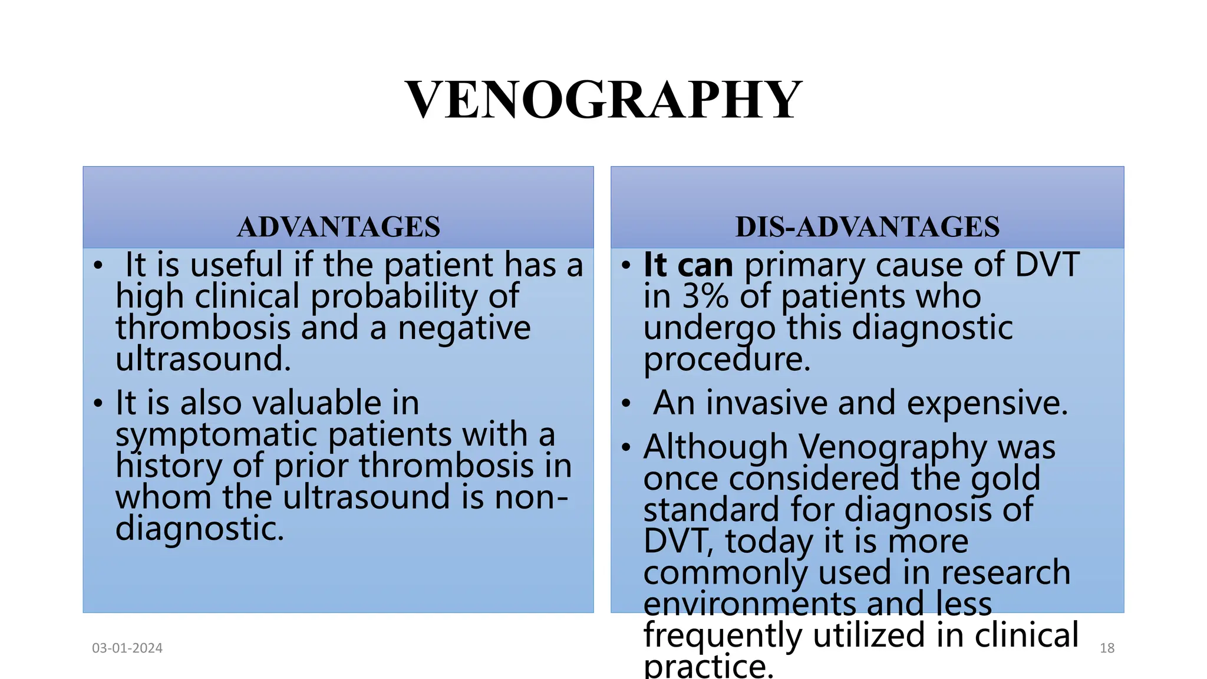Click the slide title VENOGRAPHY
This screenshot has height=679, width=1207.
[603, 100]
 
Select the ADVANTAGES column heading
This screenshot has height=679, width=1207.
[338, 227]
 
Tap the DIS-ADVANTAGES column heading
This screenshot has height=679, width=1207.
[867, 227]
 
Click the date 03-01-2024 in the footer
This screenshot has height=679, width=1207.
[127, 648]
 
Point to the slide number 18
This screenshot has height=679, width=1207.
[1107, 648]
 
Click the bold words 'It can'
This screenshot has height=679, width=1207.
[688, 265]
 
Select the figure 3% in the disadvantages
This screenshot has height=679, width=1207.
[705, 296]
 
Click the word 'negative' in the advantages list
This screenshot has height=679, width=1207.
[464, 328]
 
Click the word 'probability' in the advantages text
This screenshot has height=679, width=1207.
[394, 296]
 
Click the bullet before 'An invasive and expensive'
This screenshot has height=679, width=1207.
[626, 404]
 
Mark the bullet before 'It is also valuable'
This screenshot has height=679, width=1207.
[98, 404]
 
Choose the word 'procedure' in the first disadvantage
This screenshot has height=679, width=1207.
[727, 360]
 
